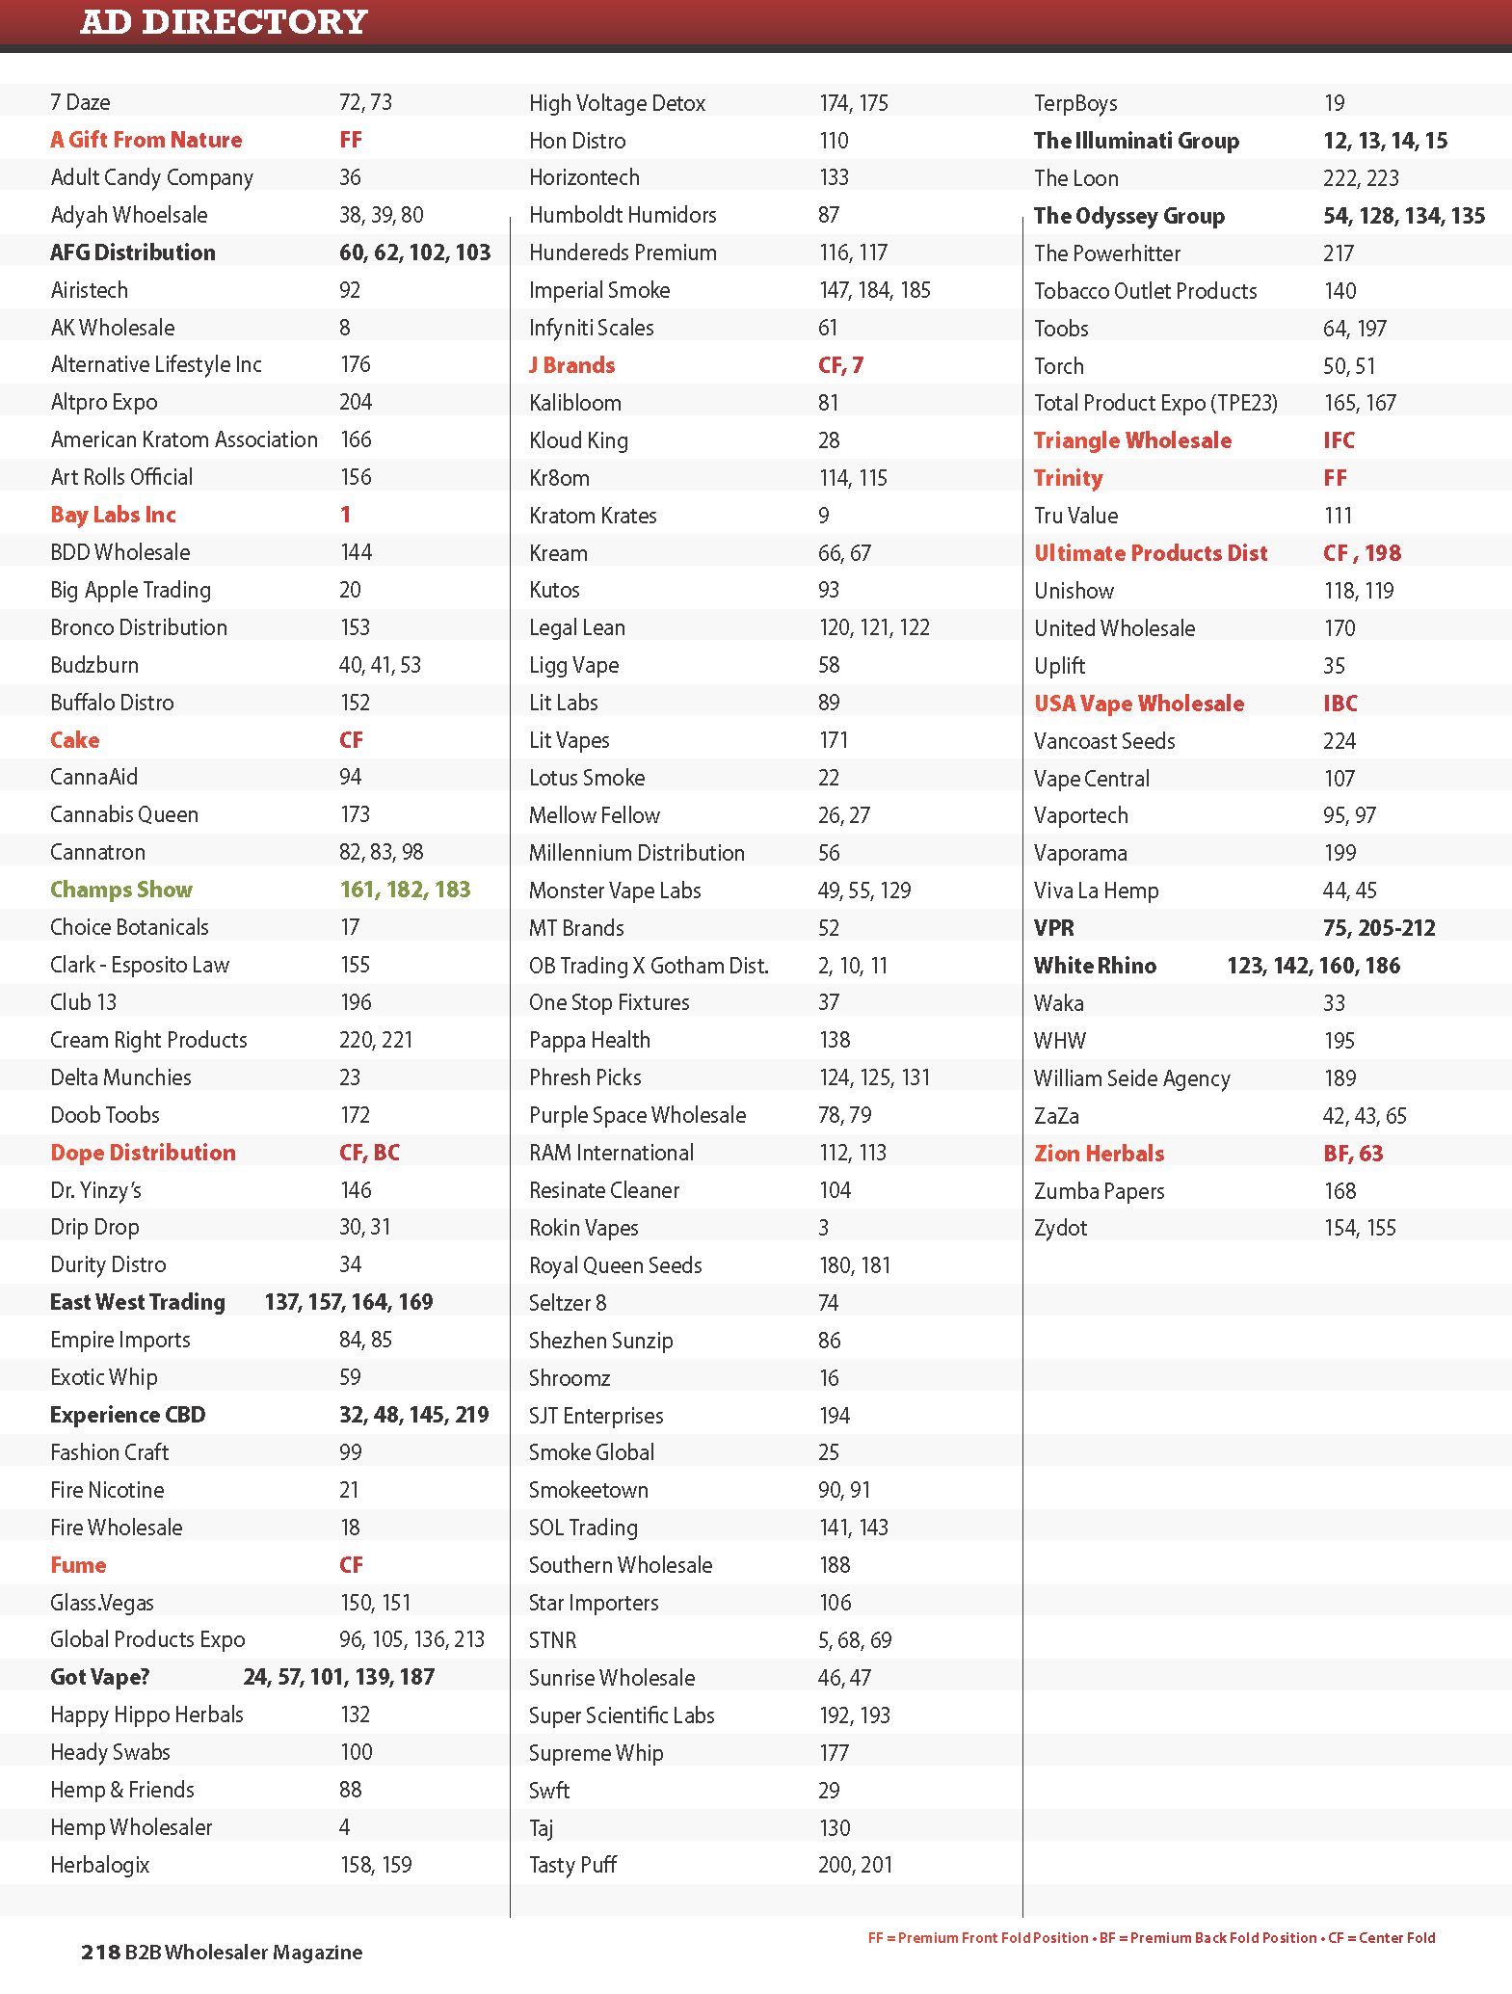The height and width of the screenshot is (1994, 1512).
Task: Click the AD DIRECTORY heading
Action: point(224,21)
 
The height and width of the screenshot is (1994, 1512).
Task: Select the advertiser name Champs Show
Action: point(121,890)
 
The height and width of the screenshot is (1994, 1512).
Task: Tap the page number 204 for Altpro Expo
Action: point(356,402)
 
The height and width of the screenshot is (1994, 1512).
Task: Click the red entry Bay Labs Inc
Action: point(113,515)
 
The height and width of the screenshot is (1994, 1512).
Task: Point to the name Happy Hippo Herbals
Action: point(146,1715)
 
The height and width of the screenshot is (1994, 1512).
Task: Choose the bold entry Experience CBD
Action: point(127,1415)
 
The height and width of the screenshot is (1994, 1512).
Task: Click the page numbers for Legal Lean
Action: point(874,627)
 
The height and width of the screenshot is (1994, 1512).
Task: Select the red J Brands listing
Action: point(571,365)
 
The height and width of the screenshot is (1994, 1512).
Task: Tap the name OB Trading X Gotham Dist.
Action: point(649,965)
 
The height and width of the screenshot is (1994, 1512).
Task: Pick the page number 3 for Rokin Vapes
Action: point(824,1228)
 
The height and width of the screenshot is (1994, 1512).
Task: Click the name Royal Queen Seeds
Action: point(615,1265)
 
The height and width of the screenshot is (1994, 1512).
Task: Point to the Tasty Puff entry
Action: point(572,1865)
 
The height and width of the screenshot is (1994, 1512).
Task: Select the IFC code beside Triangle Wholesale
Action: point(1339,440)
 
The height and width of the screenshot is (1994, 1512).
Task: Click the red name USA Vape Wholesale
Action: point(1139,704)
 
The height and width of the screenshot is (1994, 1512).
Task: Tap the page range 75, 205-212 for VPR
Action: point(1379,928)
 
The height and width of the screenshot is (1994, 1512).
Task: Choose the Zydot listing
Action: point(1060,1228)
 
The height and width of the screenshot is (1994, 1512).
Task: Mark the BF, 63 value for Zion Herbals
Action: point(1353,1154)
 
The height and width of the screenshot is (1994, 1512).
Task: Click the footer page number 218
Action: point(100,1953)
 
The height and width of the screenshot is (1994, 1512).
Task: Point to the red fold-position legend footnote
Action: point(1152,1938)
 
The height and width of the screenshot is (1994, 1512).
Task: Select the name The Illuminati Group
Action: point(1136,141)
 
